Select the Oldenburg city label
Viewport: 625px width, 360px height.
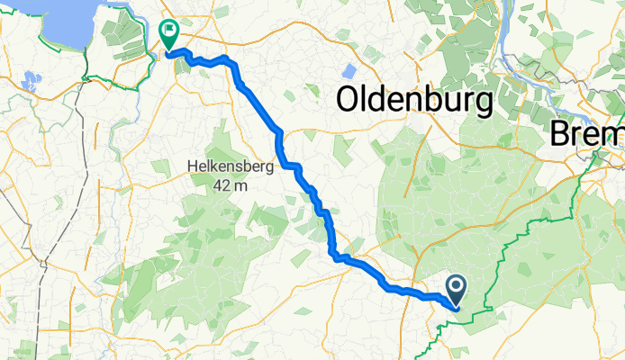[414, 100]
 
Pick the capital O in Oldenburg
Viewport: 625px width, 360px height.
[350, 100]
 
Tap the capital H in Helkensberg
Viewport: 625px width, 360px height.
[191, 166]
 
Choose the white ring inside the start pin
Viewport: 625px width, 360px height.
[456, 287]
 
